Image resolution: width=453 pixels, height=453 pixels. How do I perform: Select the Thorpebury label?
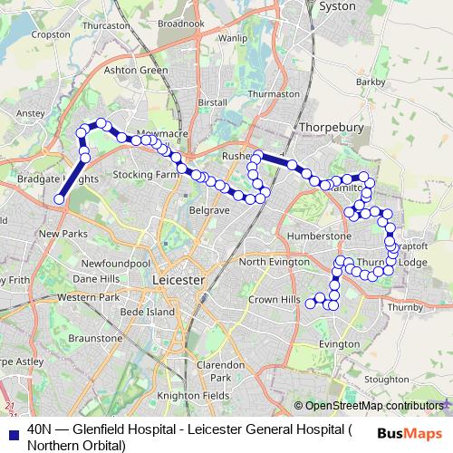pyautogui.click(x=331, y=129)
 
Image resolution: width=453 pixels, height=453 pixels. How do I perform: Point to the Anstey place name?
pyautogui.click(x=31, y=113)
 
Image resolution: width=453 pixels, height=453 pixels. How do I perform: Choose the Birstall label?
pyautogui.click(x=211, y=102)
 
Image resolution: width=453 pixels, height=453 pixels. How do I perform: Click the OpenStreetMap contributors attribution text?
pyautogui.click(x=374, y=406)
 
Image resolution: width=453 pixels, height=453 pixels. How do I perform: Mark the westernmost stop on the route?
pyautogui.click(x=59, y=199)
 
